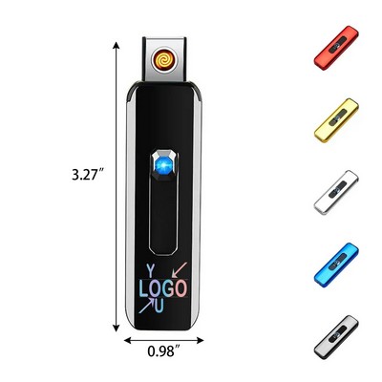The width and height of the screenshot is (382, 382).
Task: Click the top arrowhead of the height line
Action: pos(120,43)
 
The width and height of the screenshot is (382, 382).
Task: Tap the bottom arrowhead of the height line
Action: pos(120,325)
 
